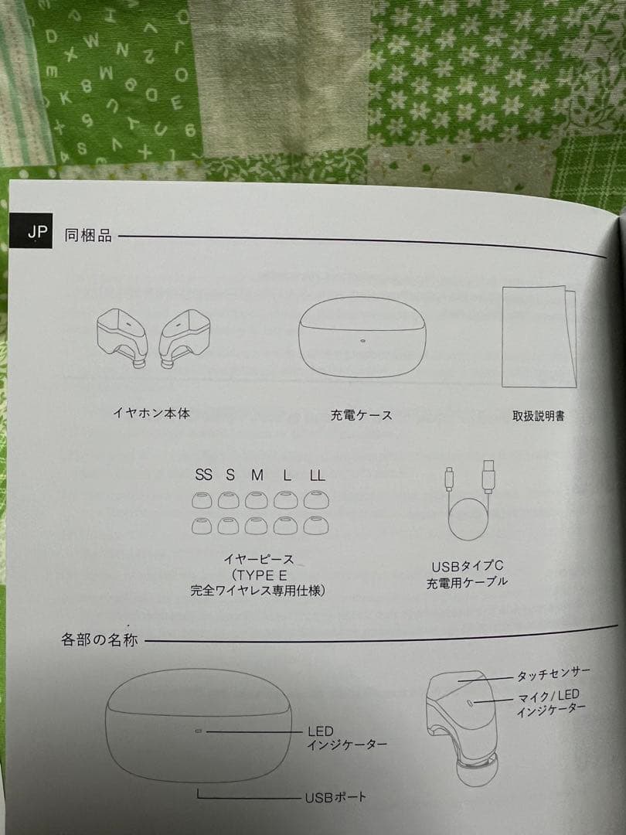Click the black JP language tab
pyautogui.click(x=31, y=230)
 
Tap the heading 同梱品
pyautogui.click(x=88, y=235)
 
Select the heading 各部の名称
pyautogui.click(x=100, y=639)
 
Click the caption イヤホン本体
pyautogui.click(x=151, y=413)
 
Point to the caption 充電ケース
pyautogui.click(x=362, y=415)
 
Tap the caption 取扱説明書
pyautogui.click(x=538, y=416)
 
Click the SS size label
pyautogui.click(x=203, y=475)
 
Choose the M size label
pyautogui.click(x=257, y=475)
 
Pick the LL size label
pyautogui.click(x=318, y=475)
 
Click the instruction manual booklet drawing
pyautogui.click(x=539, y=336)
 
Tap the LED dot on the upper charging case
pyautogui.click(x=363, y=340)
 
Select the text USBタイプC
pyautogui.click(x=468, y=566)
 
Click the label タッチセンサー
pyautogui.click(x=553, y=674)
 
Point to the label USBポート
pyautogui.click(x=335, y=797)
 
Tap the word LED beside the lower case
pyautogui.click(x=321, y=731)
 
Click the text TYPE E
pyautogui.click(x=262, y=575)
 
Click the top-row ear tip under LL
pyautogui.click(x=316, y=500)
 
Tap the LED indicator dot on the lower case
pyautogui.click(x=199, y=731)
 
